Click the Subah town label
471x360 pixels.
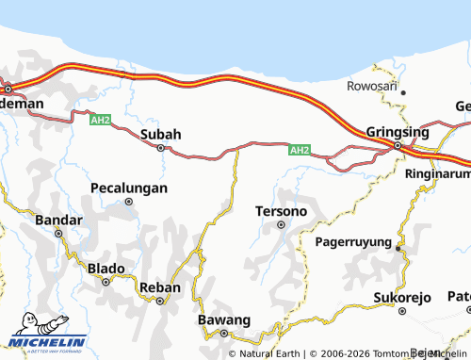(160, 134)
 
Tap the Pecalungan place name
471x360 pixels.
(129, 188)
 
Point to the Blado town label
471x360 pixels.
(106, 269)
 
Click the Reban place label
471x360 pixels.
(159, 287)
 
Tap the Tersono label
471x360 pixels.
(281, 211)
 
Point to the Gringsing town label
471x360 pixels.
(397, 132)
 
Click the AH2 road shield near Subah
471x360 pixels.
(101, 121)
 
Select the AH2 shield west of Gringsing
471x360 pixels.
(299, 149)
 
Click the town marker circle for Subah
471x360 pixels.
(160, 148)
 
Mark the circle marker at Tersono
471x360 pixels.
(280, 224)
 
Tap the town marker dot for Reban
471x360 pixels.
(160, 302)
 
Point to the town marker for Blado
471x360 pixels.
(106, 281)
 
